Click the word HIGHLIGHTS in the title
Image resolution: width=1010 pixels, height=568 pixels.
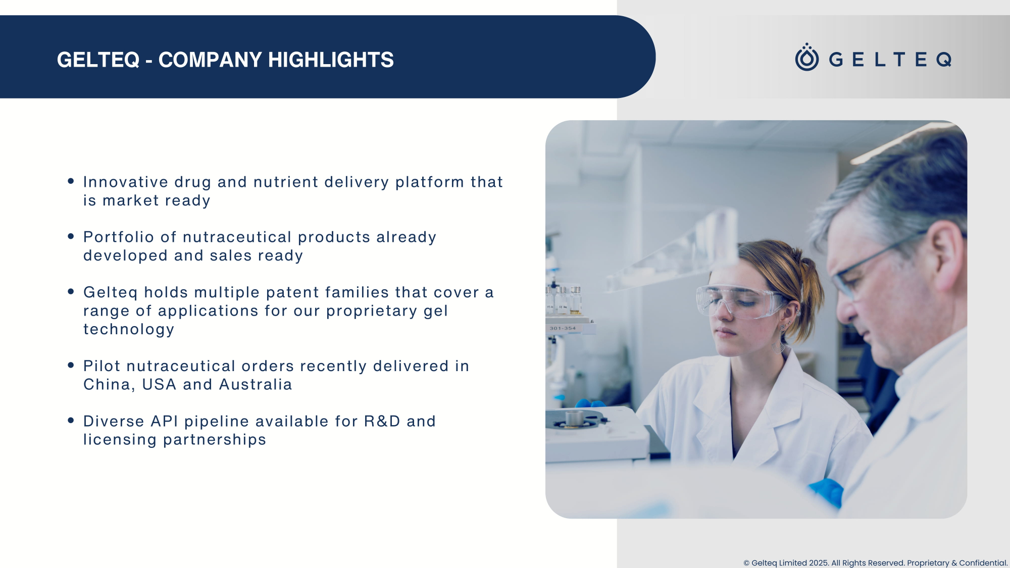[331, 60]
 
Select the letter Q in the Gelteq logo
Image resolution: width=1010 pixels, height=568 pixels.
[944, 60]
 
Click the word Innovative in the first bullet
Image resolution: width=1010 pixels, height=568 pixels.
[126, 182]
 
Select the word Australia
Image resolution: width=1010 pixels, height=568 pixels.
[256, 385]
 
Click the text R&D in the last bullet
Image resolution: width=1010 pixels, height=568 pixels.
[382, 421]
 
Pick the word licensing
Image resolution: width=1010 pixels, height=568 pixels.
[120, 440]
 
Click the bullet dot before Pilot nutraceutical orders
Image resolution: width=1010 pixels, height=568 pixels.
[71, 365]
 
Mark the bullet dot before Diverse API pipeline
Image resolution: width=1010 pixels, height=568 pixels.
[71, 420]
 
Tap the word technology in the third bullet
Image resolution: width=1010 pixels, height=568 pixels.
[129, 329]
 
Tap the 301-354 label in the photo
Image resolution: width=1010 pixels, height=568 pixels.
[563, 328]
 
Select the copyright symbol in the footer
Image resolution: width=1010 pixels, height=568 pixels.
[746, 563]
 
